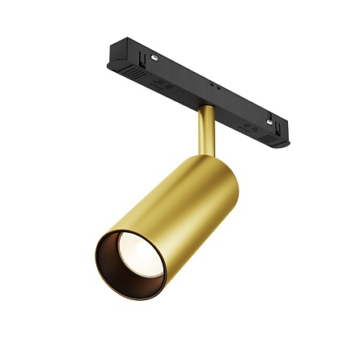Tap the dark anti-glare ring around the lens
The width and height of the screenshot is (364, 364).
(x=113, y=271)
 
